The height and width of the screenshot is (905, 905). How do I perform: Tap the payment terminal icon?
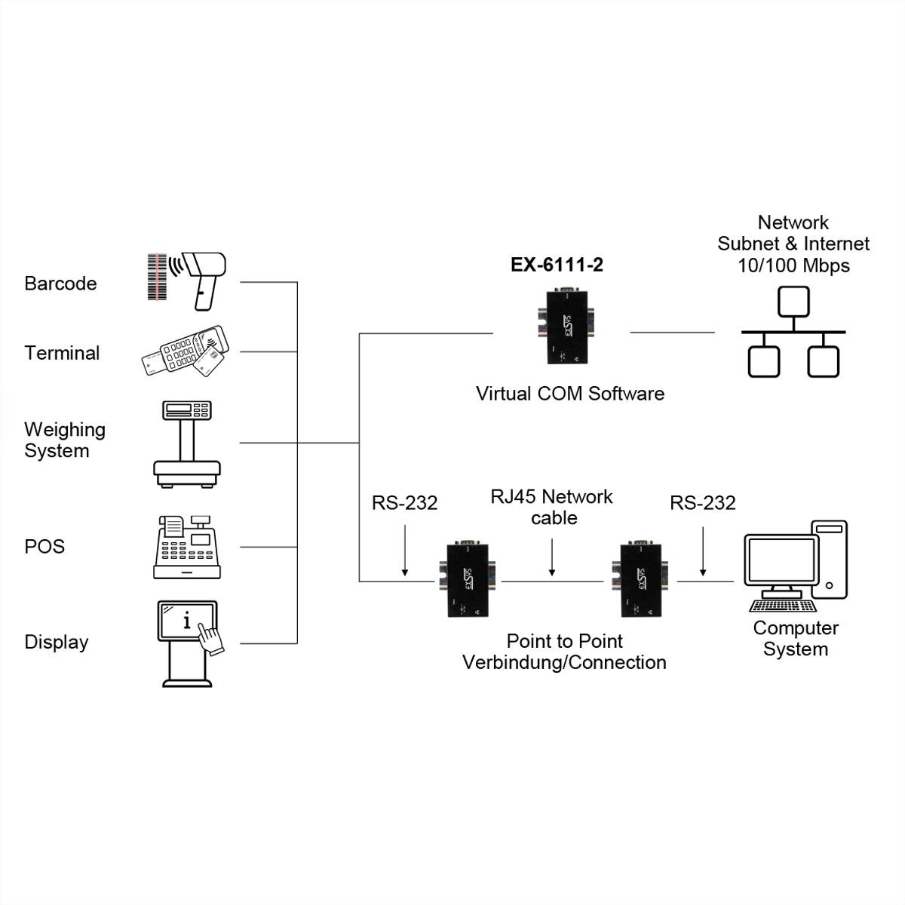183,351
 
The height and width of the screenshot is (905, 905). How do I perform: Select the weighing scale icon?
187,444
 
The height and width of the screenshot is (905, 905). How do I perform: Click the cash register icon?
187,548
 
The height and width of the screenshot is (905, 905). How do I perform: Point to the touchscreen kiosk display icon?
189,643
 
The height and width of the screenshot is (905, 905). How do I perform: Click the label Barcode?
60,284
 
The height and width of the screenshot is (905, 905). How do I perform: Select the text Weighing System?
63,440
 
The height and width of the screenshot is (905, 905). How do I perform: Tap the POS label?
44,547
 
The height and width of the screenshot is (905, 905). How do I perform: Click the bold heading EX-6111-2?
557,265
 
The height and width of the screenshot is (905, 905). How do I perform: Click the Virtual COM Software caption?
569,394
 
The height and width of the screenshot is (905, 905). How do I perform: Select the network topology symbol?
793,332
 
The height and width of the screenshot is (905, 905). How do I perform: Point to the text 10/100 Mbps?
793,265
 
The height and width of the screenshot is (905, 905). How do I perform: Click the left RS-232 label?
404,503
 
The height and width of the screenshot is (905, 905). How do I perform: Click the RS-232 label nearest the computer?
702,503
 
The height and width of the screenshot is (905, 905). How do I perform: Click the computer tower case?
829,559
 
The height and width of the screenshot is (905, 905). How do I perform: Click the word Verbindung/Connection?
564,663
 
